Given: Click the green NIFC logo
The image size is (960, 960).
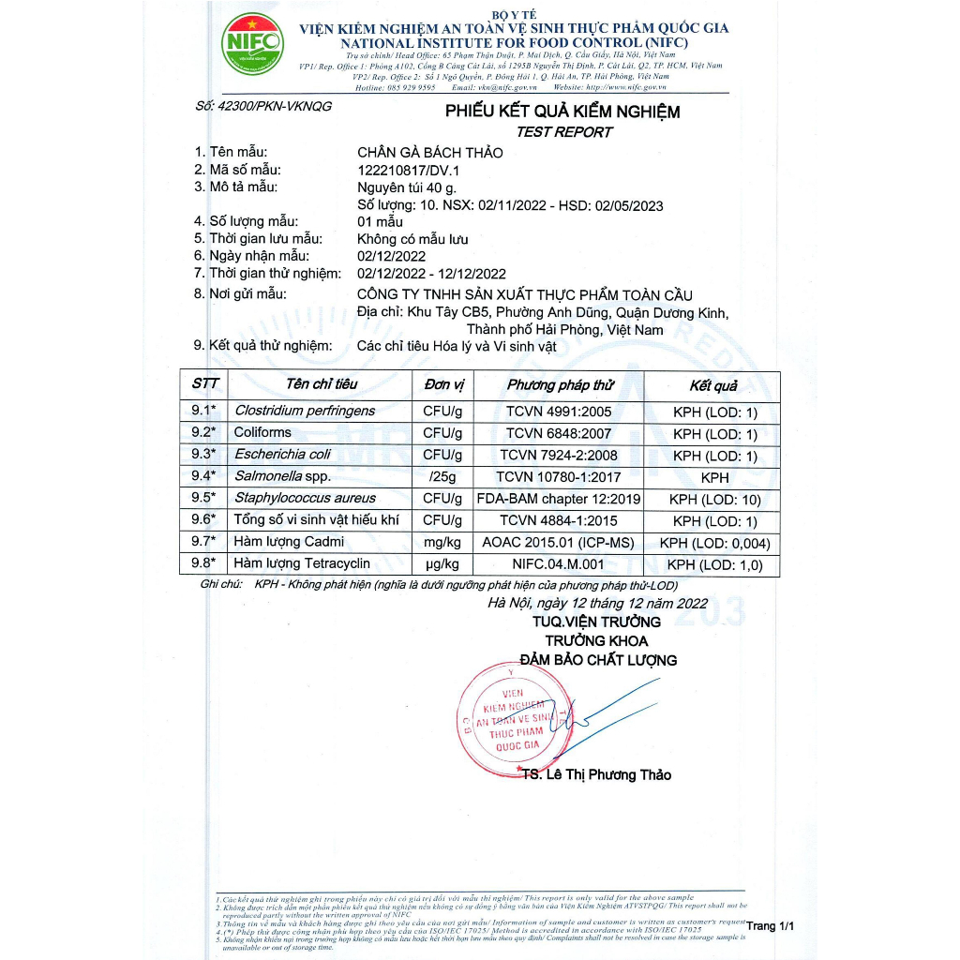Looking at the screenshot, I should click(x=250, y=43).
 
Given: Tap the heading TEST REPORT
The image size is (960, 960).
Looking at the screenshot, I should click(x=563, y=132).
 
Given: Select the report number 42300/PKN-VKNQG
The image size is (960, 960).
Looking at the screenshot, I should click(x=263, y=107).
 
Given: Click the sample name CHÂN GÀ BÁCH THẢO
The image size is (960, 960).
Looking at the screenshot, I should click(x=430, y=153).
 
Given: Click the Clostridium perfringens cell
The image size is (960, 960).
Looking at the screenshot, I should click(x=305, y=411).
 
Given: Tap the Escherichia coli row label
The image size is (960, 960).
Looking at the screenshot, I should click(x=282, y=455).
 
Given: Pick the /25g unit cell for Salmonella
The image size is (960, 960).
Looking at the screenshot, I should click(x=442, y=476).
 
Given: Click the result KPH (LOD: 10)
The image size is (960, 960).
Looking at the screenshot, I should click(x=714, y=499).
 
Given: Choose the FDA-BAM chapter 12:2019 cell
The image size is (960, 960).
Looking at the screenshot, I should click(x=559, y=499).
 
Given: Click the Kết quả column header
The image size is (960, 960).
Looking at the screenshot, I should click(x=713, y=386).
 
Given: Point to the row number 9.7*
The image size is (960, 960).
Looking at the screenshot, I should click(x=203, y=542).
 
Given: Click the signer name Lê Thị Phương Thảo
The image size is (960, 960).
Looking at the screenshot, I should click(x=607, y=775).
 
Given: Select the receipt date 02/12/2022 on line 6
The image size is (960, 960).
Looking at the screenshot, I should click(x=392, y=256).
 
